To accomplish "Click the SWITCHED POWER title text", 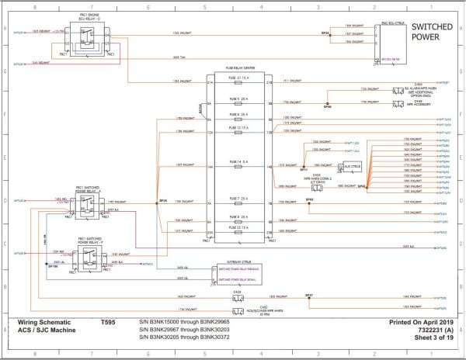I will [x=433, y=30].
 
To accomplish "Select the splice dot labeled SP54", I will [x=325, y=35].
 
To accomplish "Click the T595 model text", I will [x=109, y=321].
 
